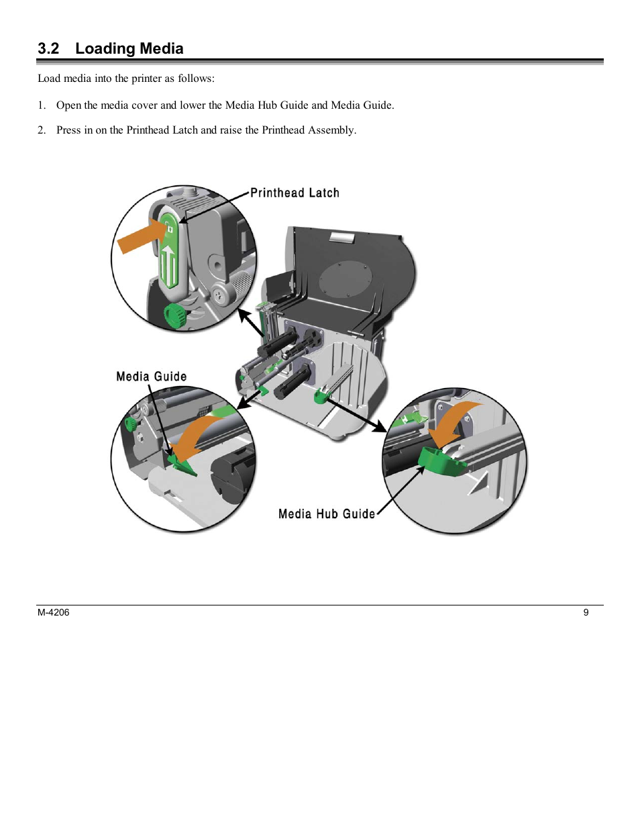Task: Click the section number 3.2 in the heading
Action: (48, 48)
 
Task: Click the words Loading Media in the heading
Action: (129, 48)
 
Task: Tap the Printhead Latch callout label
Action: (295, 193)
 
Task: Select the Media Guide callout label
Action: (151, 377)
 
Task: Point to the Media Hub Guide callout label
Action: (326, 514)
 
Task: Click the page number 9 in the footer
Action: (586, 612)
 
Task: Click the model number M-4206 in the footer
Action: (53, 612)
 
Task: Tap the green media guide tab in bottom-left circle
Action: (181, 463)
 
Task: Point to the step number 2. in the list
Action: (42, 130)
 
